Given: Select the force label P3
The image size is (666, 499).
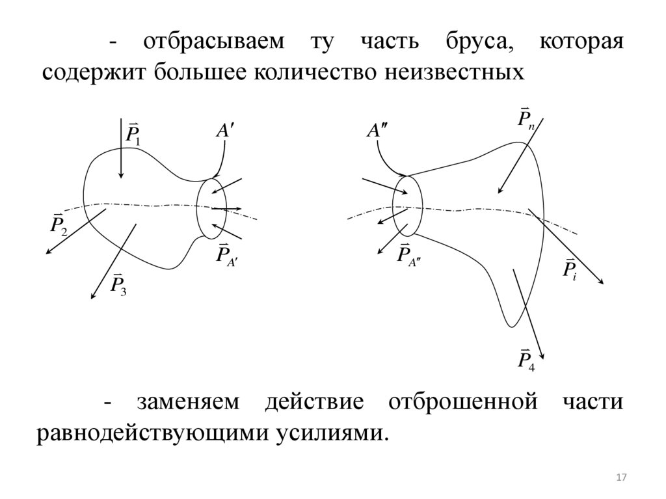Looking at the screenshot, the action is (118, 284).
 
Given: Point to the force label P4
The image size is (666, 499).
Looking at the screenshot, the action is (526, 359).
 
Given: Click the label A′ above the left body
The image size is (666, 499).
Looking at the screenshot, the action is (225, 131).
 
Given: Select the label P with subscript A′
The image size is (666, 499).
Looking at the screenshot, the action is (228, 254).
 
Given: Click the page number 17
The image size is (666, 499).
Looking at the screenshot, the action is (620, 478).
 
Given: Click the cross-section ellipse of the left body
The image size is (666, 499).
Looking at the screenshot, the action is (211, 208).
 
